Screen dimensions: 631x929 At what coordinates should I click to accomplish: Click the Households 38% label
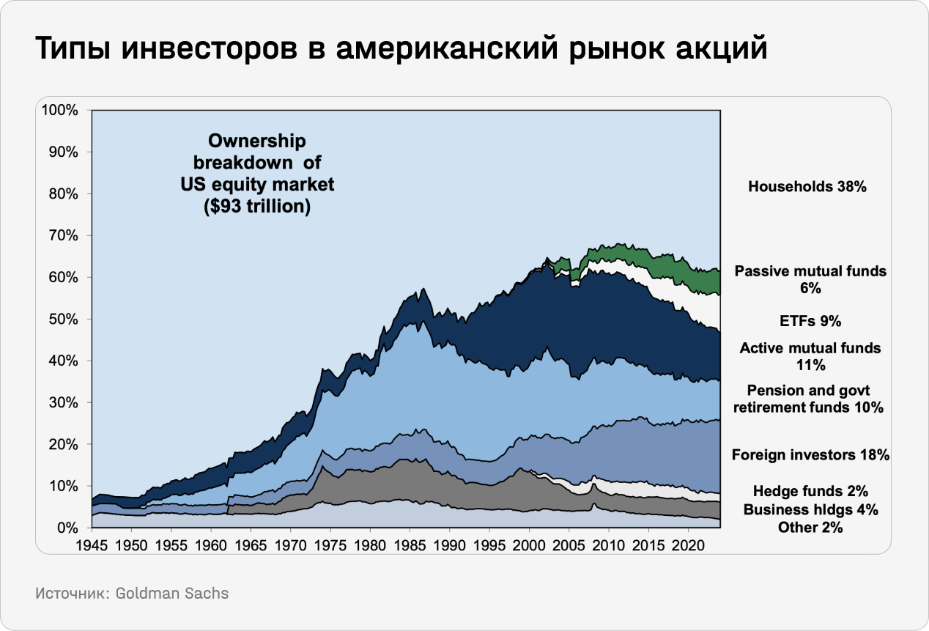tap(807, 187)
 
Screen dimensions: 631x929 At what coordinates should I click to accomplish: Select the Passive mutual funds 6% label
tap(810, 279)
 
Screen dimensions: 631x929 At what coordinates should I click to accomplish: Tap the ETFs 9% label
tap(810, 320)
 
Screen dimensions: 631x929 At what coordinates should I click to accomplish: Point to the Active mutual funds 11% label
tap(810, 356)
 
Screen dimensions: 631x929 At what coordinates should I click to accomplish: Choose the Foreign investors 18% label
tap(810, 455)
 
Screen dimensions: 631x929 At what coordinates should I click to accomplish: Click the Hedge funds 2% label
tap(810, 491)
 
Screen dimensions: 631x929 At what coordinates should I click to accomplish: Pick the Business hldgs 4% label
tap(810, 509)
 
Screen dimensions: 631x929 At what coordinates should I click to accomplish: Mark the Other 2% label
tap(810, 527)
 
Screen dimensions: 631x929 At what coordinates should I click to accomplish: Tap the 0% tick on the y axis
tap(67, 528)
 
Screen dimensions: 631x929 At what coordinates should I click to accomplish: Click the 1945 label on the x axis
tap(92, 546)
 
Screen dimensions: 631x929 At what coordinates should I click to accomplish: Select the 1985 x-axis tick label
tap(409, 546)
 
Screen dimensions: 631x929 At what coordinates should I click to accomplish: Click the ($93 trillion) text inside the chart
tap(256, 207)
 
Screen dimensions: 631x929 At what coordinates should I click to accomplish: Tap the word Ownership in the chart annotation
tap(256, 140)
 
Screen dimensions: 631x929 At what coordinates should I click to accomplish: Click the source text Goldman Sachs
tap(172, 594)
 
